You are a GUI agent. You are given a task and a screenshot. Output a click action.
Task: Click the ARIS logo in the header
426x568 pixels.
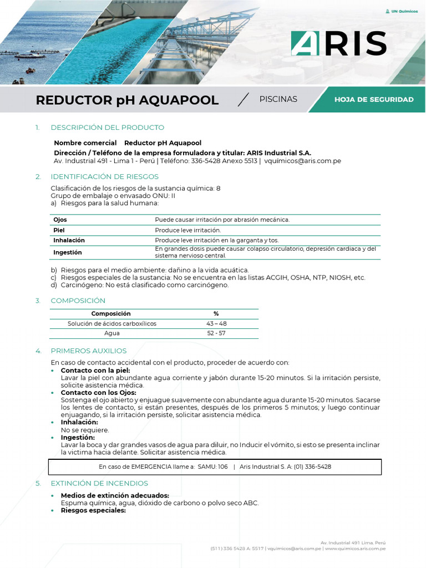point(338,43)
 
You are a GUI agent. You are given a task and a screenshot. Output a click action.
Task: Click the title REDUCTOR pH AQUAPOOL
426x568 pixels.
point(127,100)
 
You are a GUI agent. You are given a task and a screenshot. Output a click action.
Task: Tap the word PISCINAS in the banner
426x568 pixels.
point(278,99)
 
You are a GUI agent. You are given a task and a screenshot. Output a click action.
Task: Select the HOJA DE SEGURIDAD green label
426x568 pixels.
point(374,100)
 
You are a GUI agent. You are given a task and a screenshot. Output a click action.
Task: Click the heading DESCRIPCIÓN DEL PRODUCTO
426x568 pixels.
point(107,128)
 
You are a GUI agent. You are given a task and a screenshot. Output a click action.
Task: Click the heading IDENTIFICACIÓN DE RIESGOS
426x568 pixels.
point(104,176)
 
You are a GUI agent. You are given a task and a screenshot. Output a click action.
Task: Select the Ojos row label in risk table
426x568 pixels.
point(60,220)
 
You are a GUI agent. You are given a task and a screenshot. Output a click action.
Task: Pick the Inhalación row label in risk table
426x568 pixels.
point(69,240)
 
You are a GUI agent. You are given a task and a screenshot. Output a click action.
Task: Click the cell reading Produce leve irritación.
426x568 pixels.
point(187,230)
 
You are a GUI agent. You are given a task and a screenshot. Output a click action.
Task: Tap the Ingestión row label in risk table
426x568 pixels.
point(67,252)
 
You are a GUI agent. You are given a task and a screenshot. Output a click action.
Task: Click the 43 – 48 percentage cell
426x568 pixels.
point(216,323)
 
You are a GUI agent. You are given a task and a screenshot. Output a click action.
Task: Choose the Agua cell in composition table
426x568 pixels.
point(111,333)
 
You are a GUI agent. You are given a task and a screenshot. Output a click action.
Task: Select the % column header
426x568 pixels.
point(216,313)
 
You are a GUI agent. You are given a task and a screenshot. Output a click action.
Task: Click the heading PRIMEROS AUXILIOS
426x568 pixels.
point(88,351)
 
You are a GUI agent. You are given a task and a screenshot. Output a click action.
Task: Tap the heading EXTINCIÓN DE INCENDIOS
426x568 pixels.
point(99,483)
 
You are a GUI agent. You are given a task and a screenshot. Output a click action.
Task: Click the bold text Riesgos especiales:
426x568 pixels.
point(93,510)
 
